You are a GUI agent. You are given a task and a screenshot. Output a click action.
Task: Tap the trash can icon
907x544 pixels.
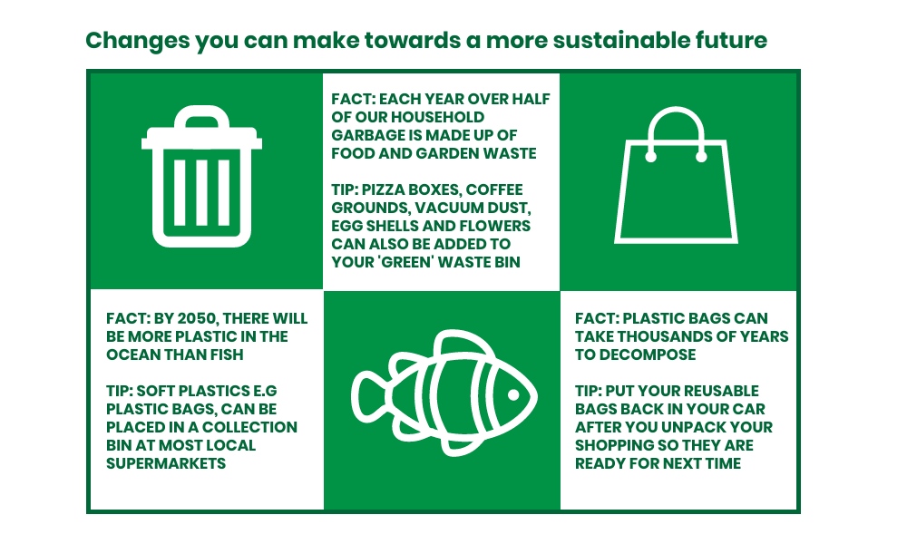(201, 176)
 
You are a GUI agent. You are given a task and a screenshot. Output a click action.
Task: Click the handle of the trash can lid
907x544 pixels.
(201, 116)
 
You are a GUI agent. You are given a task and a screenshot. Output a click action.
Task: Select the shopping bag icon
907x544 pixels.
(676, 175)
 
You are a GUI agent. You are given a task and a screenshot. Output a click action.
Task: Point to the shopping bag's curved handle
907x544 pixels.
(676, 110)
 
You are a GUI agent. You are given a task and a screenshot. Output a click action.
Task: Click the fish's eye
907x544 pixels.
(513, 394)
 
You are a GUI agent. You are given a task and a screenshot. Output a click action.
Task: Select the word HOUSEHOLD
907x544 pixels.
(437, 117)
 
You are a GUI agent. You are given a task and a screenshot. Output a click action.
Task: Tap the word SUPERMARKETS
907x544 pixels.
(166, 463)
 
